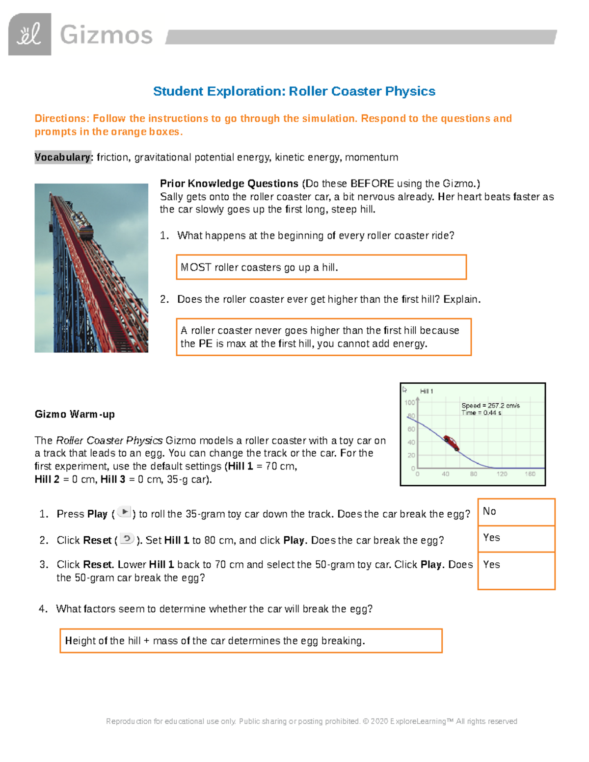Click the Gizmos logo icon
(29, 34)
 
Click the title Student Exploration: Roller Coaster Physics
(294, 91)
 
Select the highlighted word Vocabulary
(62, 158)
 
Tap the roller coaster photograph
(91, 268)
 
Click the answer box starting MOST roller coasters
(321, 267)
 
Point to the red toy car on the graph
(451, 442)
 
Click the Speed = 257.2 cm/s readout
(490, 406)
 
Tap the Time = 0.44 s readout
(481, 413)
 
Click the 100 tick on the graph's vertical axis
(409, 402)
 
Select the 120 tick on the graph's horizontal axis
(502, 474)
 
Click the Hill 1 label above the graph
(426, 391)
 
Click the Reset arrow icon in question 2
(127, 539)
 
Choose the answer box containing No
(516, 512)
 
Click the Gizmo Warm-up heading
(75, 414)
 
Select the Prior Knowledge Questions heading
(229, 184)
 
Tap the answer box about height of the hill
(251, 641)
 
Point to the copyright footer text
(311, 721)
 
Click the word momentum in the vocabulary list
(371, 158)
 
